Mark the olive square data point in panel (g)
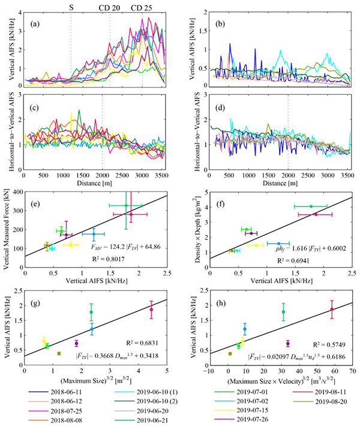[x=59, y=353]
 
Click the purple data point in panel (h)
[x=289, y=343]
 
